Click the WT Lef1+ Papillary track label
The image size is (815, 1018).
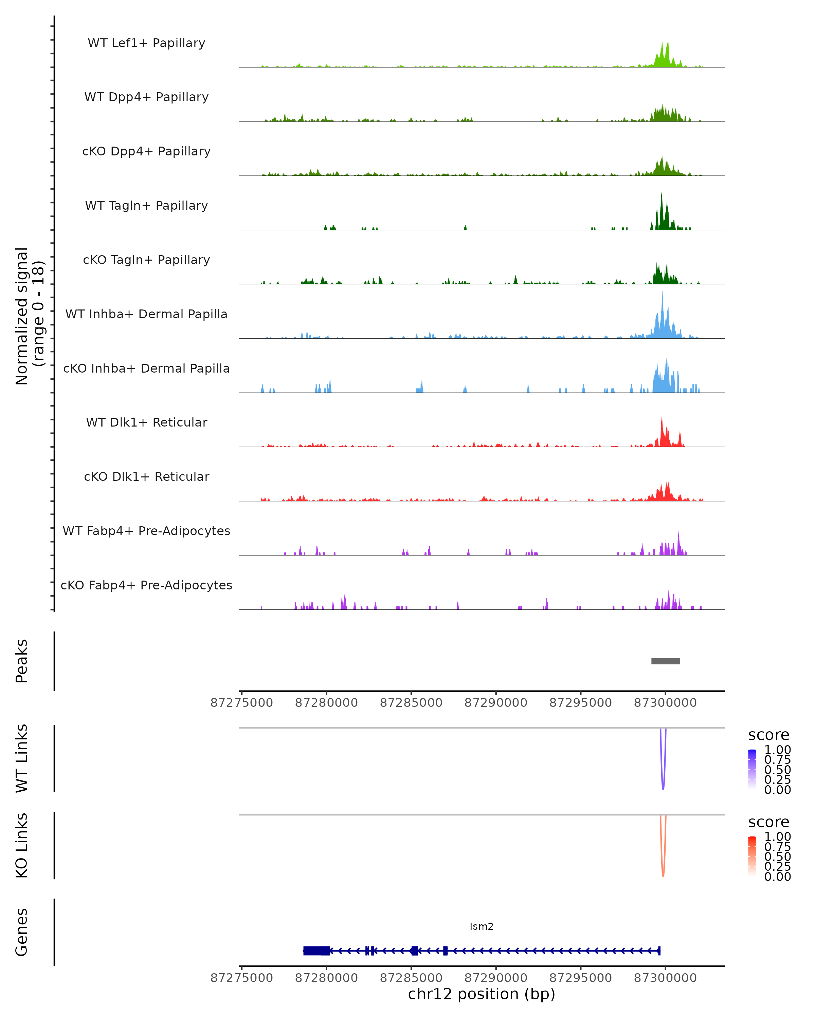click(146, 43)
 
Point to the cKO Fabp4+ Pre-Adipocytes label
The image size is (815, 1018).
click(146, 585)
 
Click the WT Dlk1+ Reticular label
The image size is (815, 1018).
click(146, 422)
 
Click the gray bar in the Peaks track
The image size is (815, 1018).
click(665, 661)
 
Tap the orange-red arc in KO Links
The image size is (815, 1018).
click(663, 874)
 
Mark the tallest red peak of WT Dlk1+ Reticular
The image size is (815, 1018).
click(662, 419)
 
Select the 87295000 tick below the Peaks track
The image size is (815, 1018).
click(580, 703)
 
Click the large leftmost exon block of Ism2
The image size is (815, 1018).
click(316, 950)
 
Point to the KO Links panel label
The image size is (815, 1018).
click(22, 845)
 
